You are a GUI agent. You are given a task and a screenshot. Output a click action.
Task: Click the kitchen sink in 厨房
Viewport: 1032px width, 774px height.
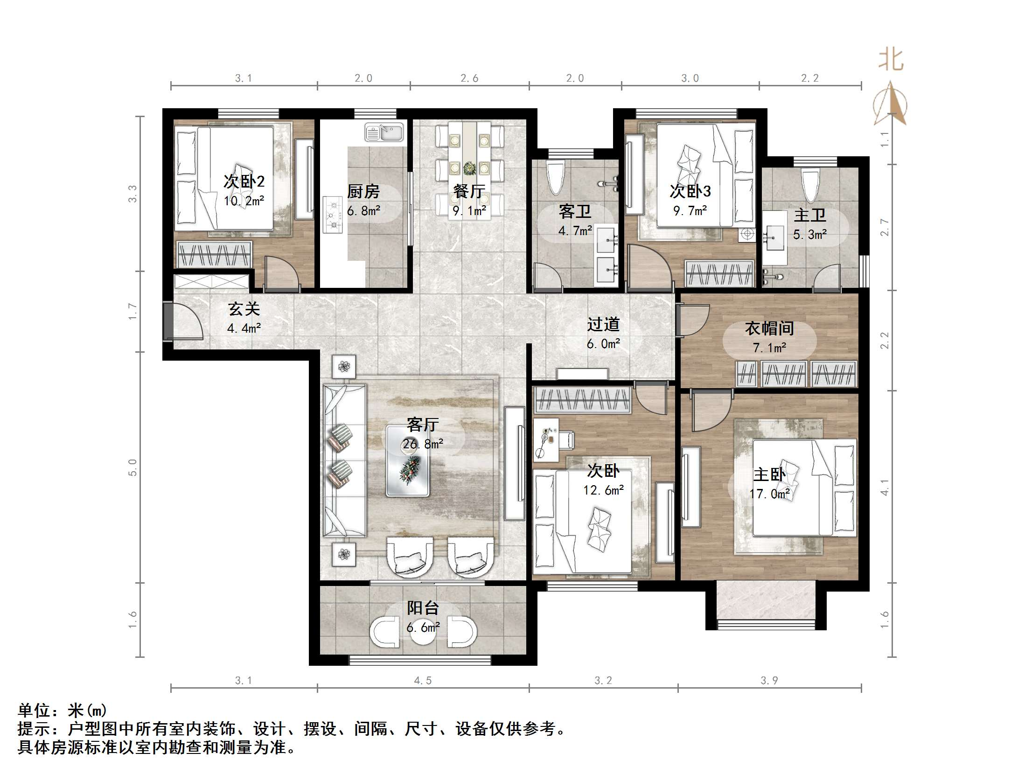[x=384, y=132]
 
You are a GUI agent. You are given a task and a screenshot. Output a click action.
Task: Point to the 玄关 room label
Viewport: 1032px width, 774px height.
[x=244, y=309]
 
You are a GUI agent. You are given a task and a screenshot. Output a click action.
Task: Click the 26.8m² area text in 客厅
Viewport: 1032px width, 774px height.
[x=423, y=444]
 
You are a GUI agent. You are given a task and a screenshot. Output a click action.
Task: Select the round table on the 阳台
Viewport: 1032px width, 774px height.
[x=423, y=633]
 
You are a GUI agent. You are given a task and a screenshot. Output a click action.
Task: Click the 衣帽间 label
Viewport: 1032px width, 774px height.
[x=769, y=328]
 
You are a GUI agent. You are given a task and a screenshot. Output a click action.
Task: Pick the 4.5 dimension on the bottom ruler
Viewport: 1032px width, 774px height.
[x=423, y=681]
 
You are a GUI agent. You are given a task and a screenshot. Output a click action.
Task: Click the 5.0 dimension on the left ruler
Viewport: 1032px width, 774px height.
[x=133, y=467]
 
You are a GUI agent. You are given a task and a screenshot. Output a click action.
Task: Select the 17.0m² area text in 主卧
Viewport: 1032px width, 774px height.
[x=769, y=494]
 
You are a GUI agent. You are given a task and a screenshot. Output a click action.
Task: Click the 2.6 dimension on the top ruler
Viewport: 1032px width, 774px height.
[x=469, y=78]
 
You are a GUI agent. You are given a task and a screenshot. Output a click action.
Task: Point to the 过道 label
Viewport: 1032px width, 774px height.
[x=603, y=324]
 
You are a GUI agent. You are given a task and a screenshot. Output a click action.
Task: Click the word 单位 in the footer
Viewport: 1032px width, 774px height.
[x=34, y=711]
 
